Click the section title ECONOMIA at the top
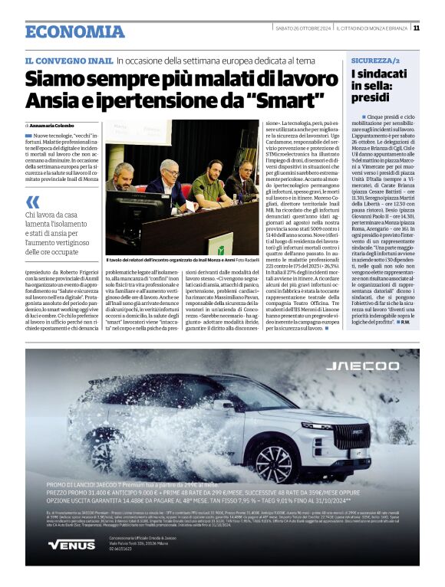64,31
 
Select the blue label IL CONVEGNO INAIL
68,60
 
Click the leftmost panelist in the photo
120,179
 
